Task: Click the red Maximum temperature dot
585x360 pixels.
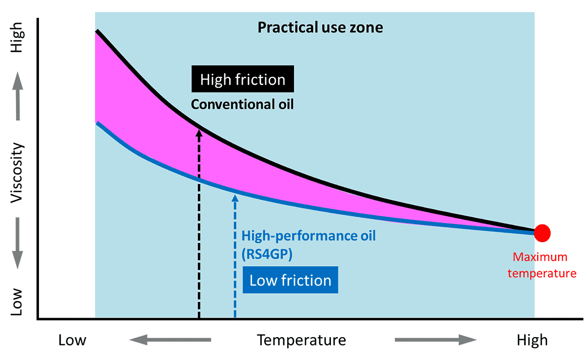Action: point(542,233)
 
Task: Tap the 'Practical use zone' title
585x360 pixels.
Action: point(320,27)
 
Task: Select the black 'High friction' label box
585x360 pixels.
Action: point(243,79)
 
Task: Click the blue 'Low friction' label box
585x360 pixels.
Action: point(290,280)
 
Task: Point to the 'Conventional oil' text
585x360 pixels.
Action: point(242,104)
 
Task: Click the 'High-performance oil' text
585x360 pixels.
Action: point(309,236)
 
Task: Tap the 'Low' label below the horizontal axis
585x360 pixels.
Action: point(72,340)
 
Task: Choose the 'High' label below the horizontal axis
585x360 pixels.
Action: point(532,340)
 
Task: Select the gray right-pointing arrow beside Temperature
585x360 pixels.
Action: point(435,340)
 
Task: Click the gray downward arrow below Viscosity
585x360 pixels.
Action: point(18,244)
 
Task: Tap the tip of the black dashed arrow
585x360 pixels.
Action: point(199,128)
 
